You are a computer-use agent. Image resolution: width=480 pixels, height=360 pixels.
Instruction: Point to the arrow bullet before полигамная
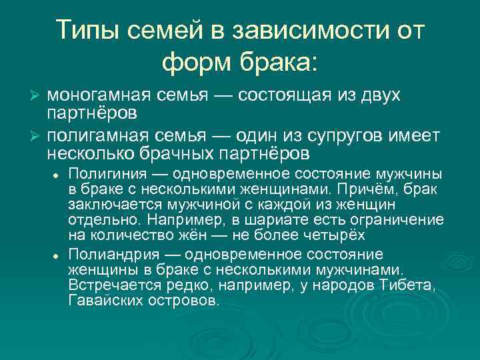(37, 137)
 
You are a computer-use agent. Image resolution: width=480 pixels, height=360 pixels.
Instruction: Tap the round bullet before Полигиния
(57, 174)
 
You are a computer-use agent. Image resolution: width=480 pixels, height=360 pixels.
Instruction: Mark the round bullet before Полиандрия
(57, 255)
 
